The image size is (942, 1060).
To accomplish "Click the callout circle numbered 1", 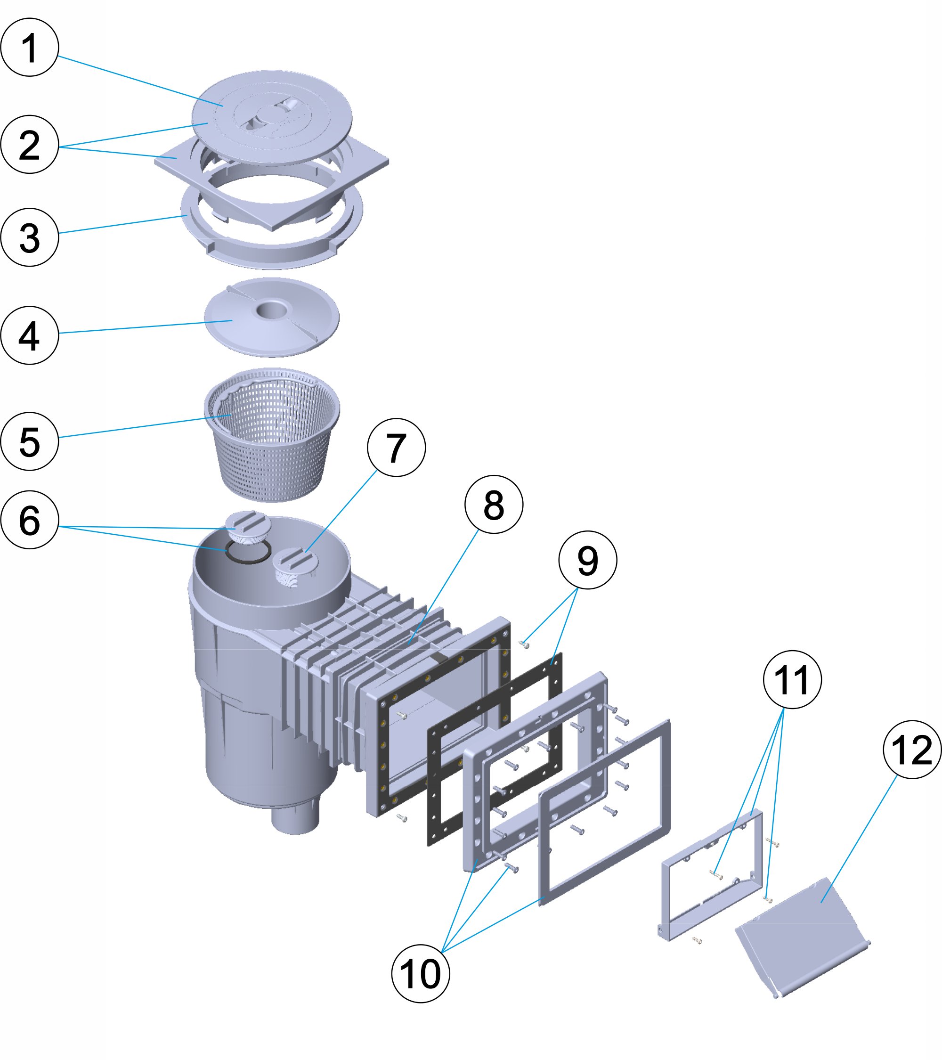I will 30,48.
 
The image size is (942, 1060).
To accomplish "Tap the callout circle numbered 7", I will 396,448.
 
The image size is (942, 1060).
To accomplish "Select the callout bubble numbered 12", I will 912,750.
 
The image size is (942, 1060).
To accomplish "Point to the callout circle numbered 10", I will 421,973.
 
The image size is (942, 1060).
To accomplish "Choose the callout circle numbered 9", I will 587,560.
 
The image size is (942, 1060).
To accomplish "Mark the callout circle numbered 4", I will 30,335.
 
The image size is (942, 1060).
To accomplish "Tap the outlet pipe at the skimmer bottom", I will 295,818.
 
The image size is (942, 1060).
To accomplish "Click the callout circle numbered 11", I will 792,679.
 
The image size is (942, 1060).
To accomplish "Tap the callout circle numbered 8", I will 494,504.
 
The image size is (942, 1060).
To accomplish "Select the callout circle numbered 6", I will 30,520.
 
